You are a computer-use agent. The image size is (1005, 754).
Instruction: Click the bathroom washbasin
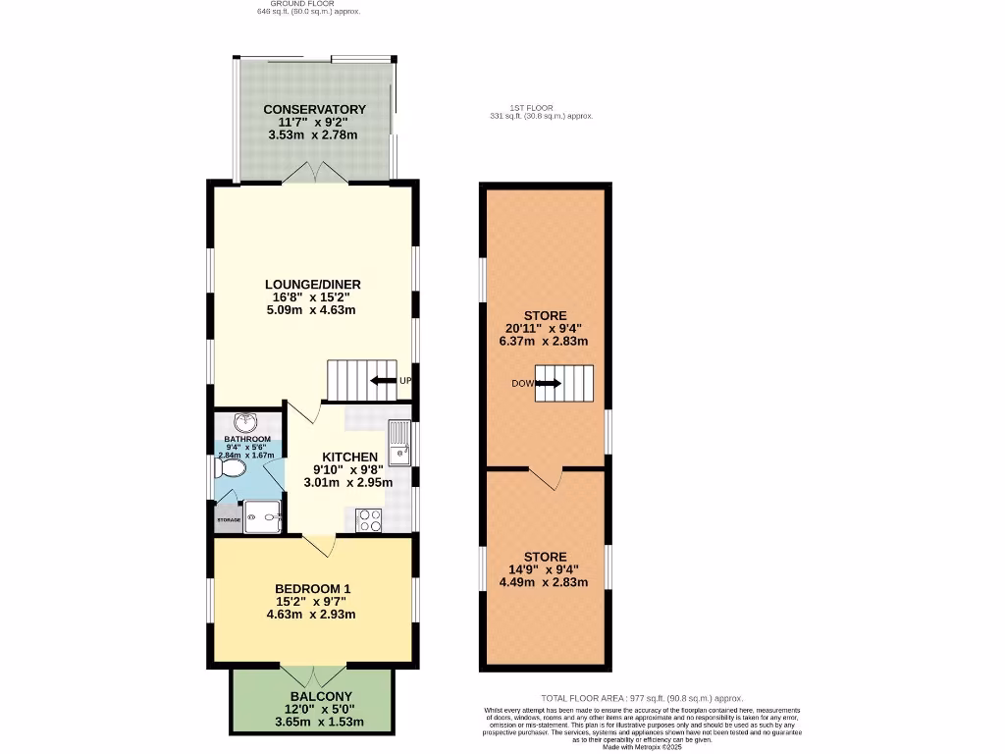coord(252,423)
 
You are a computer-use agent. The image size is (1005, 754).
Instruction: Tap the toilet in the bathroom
coord(233,470)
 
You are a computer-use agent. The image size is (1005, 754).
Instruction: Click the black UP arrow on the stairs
coord(384,381)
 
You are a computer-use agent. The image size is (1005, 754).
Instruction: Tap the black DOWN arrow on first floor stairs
coord(548,383)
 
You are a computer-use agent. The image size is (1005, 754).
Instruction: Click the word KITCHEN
coord(350,457)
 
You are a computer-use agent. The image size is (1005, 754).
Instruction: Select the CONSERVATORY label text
coord(315,109)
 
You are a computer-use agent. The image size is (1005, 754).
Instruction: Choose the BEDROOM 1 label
coord(310,589)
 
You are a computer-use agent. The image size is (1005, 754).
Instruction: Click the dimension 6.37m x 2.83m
coord(543,342)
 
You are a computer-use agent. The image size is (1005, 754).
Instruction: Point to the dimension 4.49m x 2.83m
coord(543,581)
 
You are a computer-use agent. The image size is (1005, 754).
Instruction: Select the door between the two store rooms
coord(545,478)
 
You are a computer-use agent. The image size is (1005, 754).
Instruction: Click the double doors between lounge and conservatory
coord(315,173)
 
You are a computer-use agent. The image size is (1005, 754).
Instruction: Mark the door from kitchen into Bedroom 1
coord(319,543)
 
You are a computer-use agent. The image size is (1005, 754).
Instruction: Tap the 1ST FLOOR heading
coord(531,107)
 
